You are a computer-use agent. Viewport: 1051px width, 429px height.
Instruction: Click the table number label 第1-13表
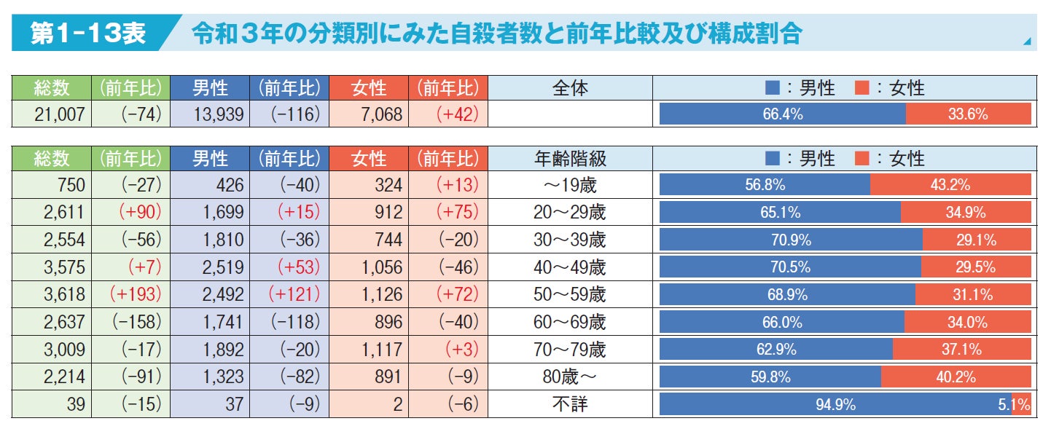(87, 34)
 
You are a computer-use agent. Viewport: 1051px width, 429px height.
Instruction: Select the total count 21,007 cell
(52, 114)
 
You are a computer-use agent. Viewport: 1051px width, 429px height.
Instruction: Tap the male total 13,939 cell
(210, 114)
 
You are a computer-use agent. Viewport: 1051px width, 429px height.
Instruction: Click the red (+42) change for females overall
(448, 114)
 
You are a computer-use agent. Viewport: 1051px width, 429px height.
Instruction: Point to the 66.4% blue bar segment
(783, 114)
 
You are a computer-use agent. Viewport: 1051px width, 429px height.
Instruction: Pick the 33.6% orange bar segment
(968, 114)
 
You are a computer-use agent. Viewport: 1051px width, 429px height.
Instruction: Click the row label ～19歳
(570, 185)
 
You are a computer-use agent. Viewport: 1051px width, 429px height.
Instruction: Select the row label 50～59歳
(570, 294)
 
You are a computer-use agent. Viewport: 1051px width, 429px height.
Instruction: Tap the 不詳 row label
(570, 404)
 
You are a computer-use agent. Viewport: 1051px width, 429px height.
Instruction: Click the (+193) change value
(131, 294)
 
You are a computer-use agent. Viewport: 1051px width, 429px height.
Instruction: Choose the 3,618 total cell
(52, 294)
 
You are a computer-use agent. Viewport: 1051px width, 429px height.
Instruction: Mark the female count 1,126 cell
(369, 294)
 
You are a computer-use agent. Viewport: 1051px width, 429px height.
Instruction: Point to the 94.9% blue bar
(835, 404)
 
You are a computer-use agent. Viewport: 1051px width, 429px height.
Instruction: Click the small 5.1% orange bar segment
(1022, 404)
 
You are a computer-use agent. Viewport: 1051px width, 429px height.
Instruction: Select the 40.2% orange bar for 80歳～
(956, 377)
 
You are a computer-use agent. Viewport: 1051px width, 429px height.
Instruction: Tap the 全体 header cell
(570, 88)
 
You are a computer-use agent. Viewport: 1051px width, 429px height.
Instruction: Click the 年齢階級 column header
(570, 158)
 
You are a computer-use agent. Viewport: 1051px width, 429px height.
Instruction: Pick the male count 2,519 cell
(210, 267)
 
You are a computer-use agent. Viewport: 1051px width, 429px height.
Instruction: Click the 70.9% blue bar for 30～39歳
(791, 240)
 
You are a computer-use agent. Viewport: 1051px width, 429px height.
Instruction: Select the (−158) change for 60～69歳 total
(131, 322)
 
